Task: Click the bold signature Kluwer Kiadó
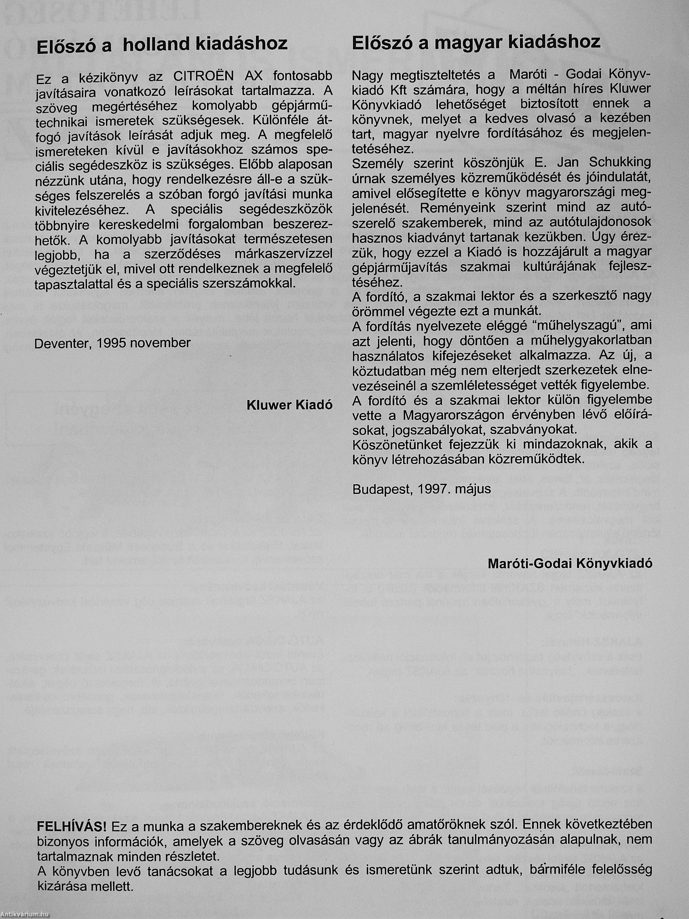290,405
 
